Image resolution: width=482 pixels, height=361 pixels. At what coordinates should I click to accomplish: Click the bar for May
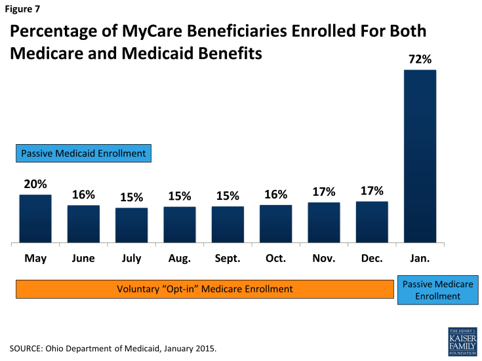(35, 219)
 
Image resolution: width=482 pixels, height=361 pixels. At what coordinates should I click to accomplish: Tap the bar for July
(132, 225)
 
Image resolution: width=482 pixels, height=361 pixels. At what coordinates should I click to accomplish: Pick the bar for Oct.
(275, 224)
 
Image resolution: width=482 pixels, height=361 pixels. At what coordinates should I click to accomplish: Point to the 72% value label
(420, 59)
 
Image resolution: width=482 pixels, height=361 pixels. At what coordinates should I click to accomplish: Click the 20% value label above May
(35, 184)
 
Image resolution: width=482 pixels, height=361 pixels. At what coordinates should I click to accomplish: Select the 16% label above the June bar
(83, 195)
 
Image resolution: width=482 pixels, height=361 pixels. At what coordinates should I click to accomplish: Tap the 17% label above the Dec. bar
(372, 191)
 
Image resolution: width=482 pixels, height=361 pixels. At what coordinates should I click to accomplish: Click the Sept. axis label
(228, 258)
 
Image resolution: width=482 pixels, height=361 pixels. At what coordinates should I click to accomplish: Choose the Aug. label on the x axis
(180, 258)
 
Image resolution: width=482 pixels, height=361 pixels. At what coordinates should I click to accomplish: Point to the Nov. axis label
(324, 258)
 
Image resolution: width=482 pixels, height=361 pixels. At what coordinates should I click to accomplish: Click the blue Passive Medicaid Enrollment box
(84, 154)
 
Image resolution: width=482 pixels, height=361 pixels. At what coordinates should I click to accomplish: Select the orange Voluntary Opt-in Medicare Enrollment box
(205, 289)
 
